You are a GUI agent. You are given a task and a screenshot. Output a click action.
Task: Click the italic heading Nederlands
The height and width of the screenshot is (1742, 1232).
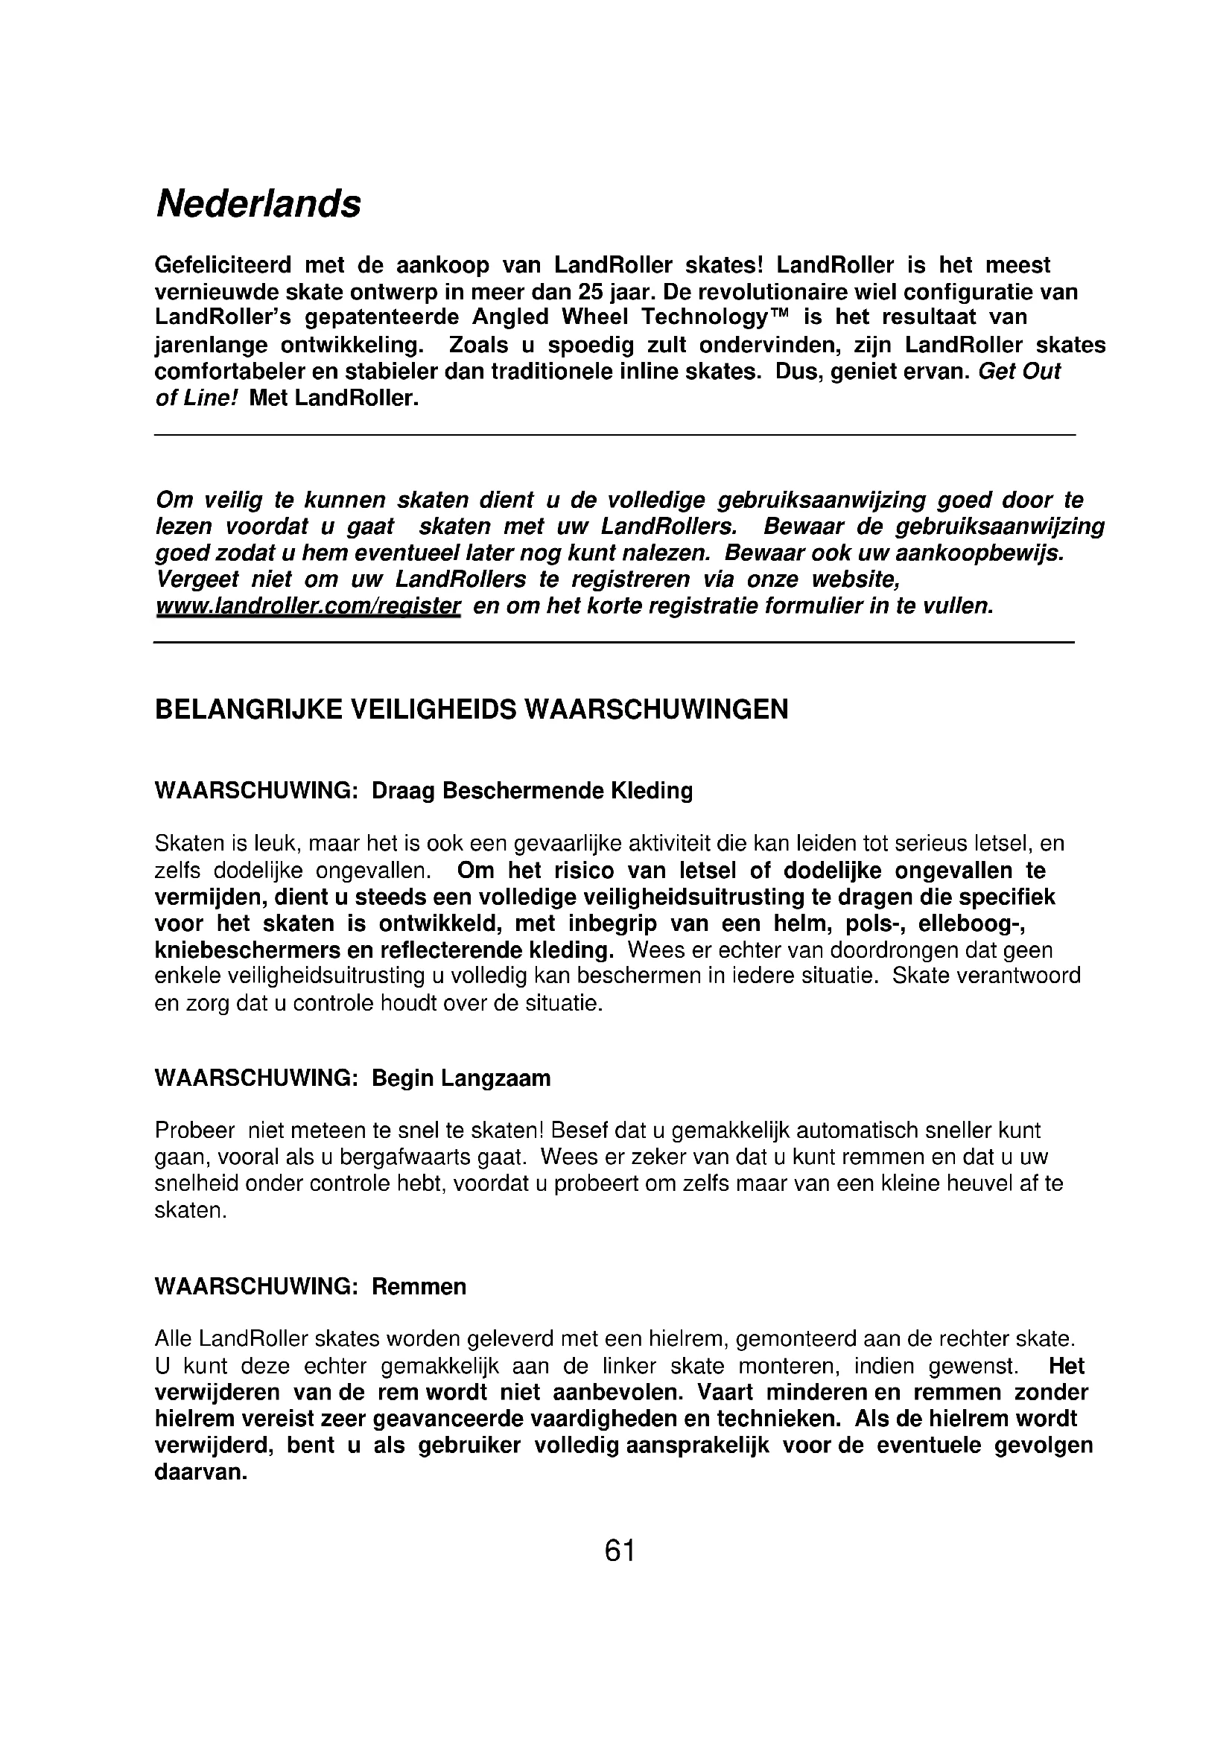click(x=258, y=204)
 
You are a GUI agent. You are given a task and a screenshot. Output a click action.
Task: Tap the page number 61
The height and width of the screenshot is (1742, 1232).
click(x=620, y=1550)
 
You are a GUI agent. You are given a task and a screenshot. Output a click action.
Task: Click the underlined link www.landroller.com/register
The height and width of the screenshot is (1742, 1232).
click(x=308, y=607)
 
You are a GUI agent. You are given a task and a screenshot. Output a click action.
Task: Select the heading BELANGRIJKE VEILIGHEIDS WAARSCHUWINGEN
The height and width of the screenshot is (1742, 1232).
click(x=471, y=710)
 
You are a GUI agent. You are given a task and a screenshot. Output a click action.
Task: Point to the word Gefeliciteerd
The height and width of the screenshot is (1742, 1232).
click(x=223, y=265)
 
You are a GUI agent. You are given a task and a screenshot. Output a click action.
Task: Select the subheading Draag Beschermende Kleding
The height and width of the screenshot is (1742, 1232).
click(x=532, y=791)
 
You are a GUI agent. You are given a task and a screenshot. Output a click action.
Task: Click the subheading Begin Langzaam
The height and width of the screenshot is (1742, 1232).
click(x=460, y=1078)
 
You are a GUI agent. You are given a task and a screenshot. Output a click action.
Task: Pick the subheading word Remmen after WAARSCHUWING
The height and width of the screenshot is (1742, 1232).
click(x=419, y=1287)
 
